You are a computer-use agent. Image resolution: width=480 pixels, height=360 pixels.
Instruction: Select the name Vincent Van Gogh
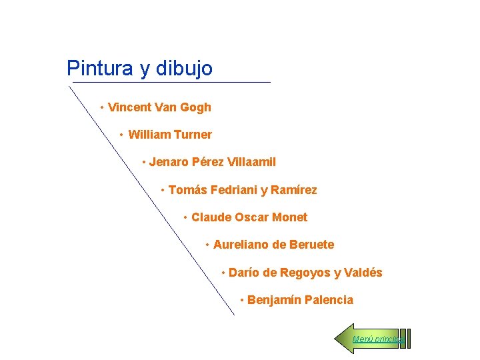pos(159,107)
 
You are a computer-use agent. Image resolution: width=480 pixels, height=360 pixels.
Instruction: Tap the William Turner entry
pos(170,135)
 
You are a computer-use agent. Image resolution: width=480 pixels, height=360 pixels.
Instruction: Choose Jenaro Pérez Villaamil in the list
pos(212,162)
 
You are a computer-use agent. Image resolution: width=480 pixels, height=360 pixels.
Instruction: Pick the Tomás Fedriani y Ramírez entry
pos(243,191)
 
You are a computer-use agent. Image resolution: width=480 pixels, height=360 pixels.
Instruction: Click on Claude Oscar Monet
pos(249,217)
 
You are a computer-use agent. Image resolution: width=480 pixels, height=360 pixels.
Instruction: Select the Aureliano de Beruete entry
pos(273,245)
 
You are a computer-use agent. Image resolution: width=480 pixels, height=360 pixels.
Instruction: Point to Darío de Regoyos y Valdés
pos(305,273)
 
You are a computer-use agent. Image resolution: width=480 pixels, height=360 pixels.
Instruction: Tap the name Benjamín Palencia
pos(300,300)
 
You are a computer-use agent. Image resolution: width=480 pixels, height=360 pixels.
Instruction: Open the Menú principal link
pos(377,339)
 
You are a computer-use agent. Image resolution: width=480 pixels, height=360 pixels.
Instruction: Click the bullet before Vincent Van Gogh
pos(101,107)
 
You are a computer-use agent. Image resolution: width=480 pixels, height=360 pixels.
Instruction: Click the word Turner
pos(193,135)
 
